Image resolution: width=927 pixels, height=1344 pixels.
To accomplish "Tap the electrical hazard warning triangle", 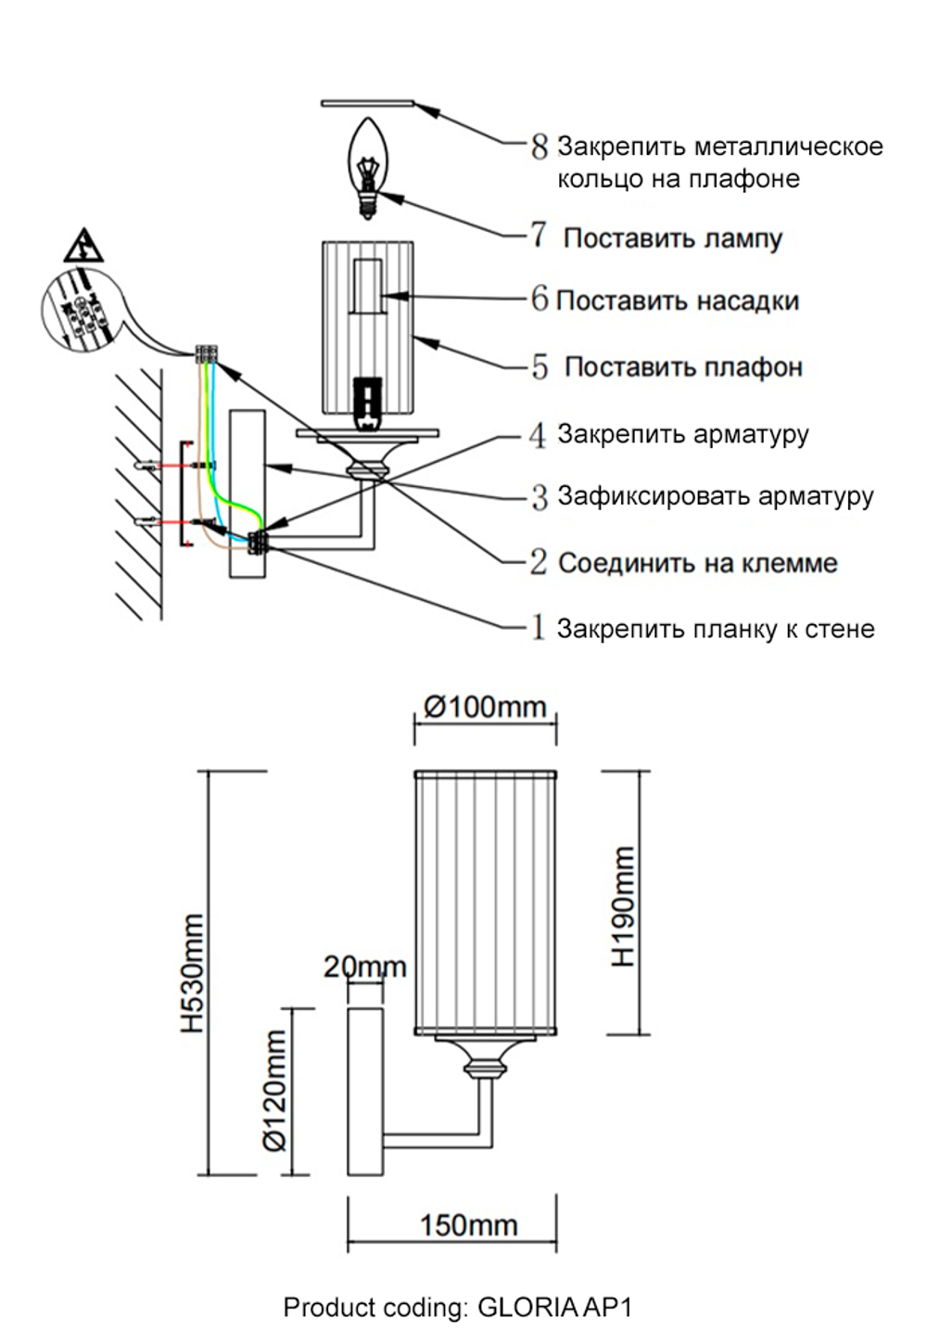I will coord(83,246).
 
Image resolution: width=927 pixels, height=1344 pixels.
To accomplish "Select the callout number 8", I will coord(540,147).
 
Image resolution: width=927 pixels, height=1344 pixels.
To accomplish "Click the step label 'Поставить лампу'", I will coord(673,238).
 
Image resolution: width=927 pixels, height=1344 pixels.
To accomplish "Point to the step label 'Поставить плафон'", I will coord(683,367).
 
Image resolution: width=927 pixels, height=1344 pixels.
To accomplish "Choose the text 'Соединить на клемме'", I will coord(697,563).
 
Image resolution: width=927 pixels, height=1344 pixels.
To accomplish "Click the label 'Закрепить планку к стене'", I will coord(715,629).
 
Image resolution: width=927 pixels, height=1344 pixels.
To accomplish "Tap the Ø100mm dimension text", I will coord(485,707).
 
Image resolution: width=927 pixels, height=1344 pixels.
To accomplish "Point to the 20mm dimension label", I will coord(364,966).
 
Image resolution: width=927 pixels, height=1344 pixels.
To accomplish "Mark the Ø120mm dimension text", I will coord(275,1091).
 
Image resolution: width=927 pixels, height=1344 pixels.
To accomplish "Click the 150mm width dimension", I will coord(468,1225).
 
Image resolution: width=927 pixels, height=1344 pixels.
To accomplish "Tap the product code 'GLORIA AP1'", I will coord(554,1308).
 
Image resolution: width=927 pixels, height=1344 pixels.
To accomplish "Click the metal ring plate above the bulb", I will coord(367,102).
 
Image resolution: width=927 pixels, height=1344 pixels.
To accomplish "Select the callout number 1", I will coord(538,628).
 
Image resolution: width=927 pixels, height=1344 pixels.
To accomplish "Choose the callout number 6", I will coord(540,300).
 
